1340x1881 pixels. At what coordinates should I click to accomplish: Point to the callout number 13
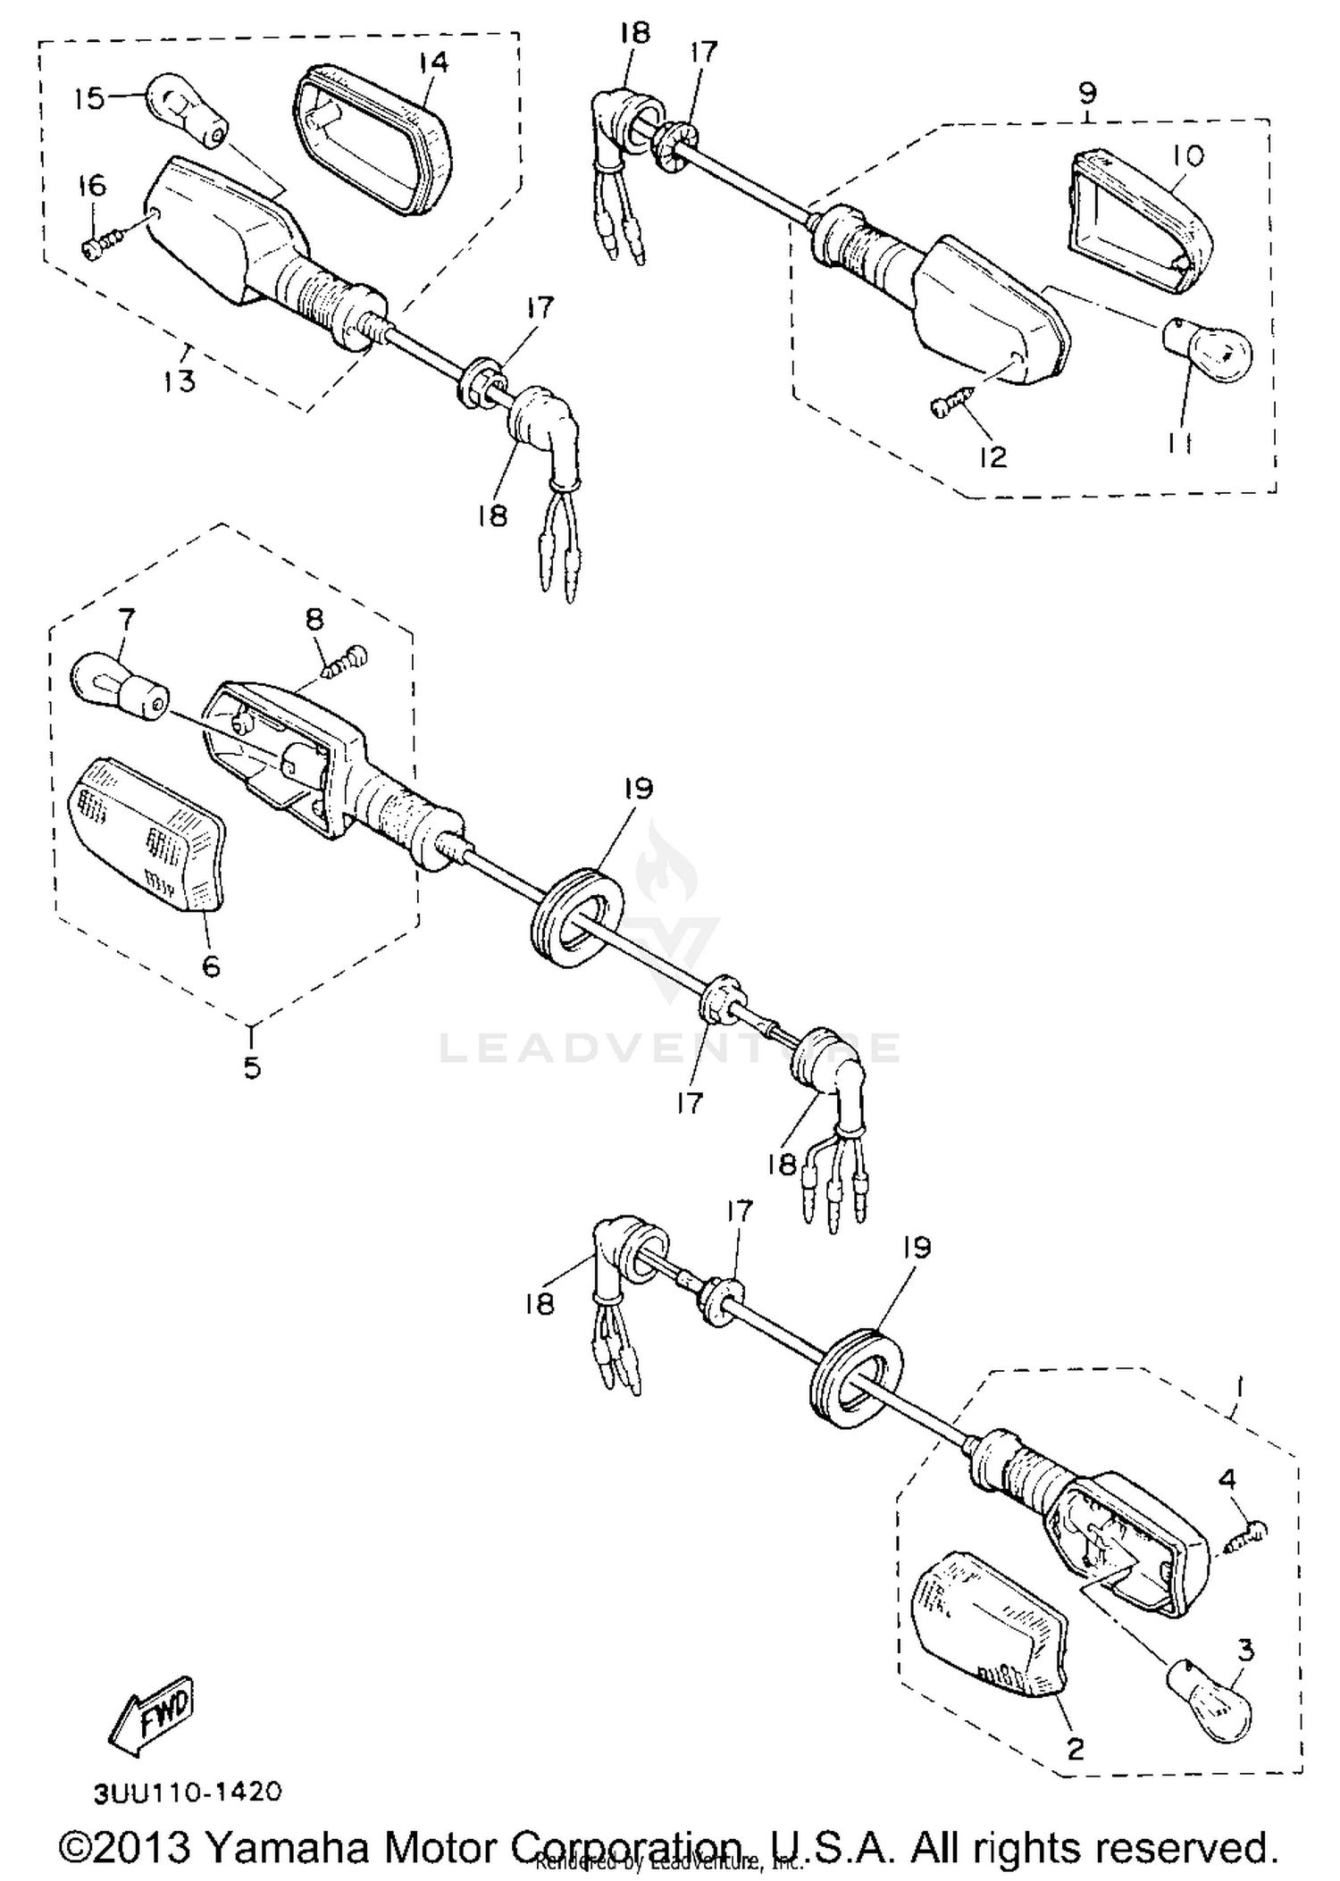pyautogui.click(x=179, y=381)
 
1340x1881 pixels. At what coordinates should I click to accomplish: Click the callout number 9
pyautogui.click(x=1086, y=93)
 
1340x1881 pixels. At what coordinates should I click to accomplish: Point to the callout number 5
pyautogui.click(x=252, y=1066)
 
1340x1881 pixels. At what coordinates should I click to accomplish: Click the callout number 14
pyautogui.click(x=432, y=63)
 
